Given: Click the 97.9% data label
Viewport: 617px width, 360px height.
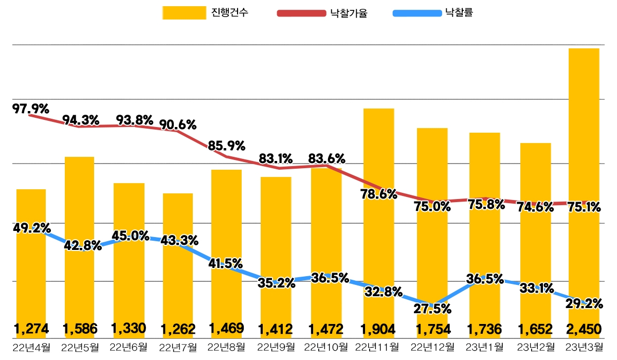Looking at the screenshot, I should coord(31,109).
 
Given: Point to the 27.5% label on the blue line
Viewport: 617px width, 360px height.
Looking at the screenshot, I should coord(432,309).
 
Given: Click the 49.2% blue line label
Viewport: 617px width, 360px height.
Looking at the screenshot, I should coord(31,227).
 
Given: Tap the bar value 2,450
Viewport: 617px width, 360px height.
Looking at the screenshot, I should coord(584,328).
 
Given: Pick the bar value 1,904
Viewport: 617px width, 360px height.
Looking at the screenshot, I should coord(378,328).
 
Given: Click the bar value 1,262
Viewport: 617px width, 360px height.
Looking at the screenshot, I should coord(178,328).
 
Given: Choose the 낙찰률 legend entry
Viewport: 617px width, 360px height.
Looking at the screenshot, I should coord(457,13).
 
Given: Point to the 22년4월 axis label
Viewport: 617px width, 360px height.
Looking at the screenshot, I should coord(31,348).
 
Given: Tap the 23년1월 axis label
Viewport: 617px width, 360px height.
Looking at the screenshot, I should coord(484,348).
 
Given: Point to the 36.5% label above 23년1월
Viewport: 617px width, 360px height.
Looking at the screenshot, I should coord(484,279).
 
